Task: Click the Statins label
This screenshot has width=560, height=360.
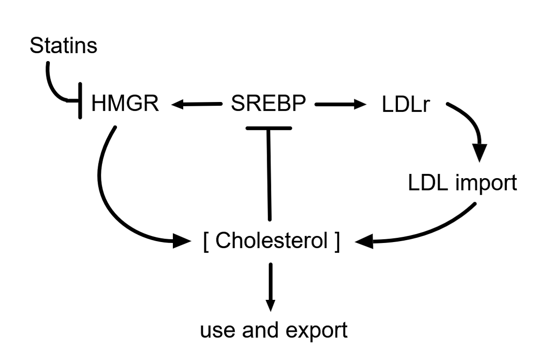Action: [63, 46]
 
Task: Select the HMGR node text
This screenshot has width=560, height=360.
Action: [125, 103]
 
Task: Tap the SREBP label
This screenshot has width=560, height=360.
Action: [269, 103]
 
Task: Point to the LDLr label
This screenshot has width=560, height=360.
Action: [406, 104]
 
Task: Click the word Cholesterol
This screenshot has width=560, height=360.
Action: [272, 240]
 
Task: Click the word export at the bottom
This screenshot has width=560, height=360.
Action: [316, 330]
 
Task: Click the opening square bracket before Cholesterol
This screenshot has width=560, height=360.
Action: [206, 242]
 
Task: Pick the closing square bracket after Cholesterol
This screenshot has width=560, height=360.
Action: [337, 242]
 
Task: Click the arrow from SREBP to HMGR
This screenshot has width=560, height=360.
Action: [196, 104]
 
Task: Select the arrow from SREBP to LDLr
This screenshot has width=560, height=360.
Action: [341, 104]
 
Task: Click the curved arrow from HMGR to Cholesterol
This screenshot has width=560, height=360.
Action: [103, 200]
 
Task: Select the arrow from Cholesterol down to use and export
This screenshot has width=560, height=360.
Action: [270, 288]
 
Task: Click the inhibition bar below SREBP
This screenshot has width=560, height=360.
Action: [269, 127]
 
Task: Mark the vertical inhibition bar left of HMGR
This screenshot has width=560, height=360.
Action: [80, 101]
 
